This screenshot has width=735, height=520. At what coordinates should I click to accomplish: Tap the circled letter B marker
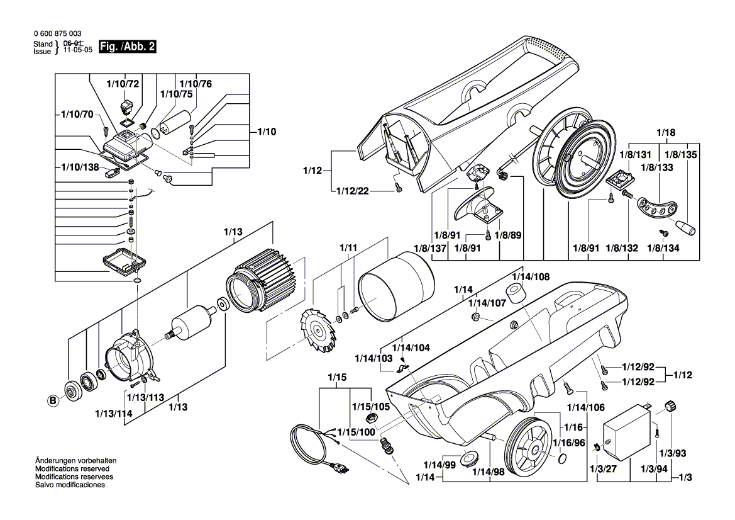tap(53, 398)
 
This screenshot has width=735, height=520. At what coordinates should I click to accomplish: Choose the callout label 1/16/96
tap(570, 443)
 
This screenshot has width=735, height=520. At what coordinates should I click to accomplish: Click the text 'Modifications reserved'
tap(72, 469)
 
